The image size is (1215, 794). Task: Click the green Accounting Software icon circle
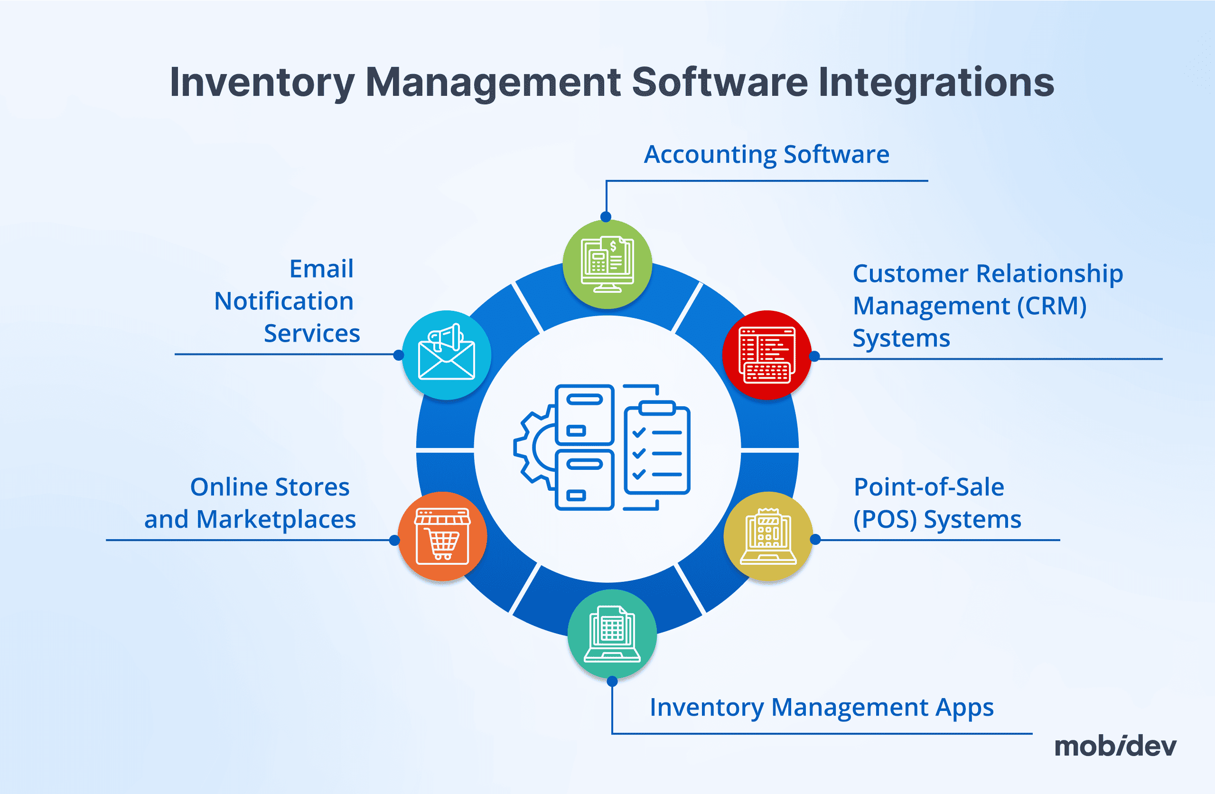(607, 264)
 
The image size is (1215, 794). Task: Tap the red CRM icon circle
(767, 355)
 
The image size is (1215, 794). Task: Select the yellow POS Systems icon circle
(768, 536)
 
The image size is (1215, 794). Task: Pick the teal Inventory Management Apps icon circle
(612, 634)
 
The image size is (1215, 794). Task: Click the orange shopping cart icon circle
(442, 536)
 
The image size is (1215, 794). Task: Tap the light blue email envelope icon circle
(447, 355)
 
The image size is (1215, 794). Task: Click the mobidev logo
(1115, 746)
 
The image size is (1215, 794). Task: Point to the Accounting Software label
(766, 154)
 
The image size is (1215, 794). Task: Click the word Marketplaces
(276, 519)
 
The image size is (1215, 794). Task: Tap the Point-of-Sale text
(929, 486)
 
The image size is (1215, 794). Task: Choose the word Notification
(284, 301)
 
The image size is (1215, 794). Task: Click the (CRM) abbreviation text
(1052, 306)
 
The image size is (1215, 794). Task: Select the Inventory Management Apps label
(822, 707)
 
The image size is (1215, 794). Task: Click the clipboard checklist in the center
(657, 448)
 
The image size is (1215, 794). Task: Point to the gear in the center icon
(534, 447)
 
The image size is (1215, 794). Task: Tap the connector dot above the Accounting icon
(606, 217)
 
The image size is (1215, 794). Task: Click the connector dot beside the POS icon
(815, 539)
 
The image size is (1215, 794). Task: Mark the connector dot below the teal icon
(612, 682)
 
